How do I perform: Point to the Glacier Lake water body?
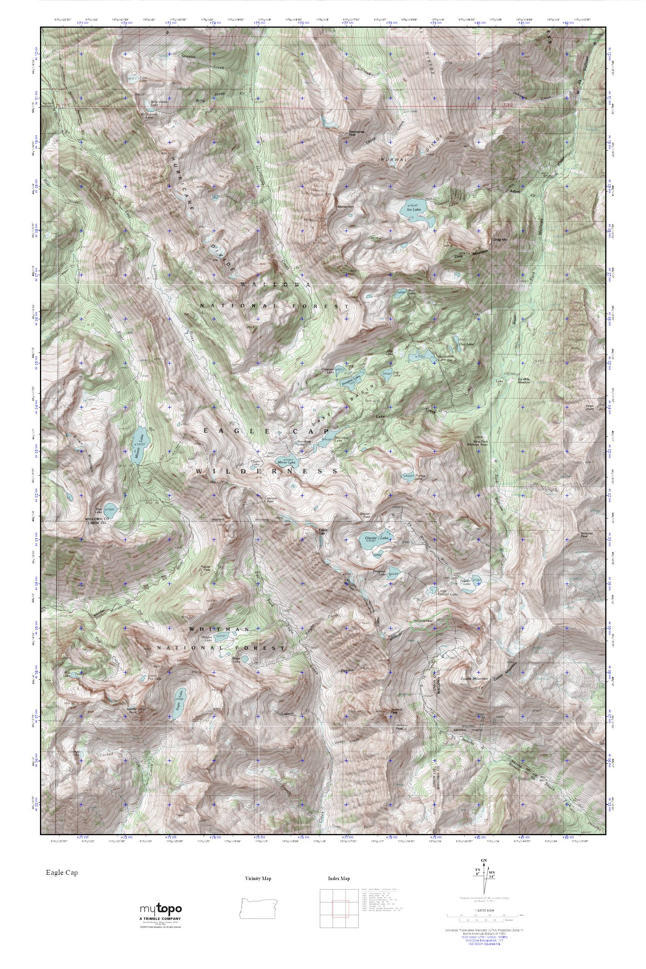coord(375,540)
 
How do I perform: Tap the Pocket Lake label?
coord(419,478)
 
